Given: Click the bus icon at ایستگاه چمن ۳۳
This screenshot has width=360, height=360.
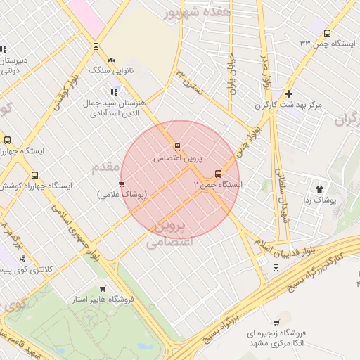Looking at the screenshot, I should [326, 33].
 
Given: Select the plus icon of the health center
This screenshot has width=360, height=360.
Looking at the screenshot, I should [288, 94].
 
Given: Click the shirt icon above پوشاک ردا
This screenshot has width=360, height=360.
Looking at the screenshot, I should [321, 188].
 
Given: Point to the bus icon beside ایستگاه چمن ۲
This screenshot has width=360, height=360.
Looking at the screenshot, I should [217, 174].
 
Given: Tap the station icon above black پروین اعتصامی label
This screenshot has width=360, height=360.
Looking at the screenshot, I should [177, 148].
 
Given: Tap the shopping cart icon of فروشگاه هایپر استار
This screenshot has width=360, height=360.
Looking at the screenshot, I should [103, 288].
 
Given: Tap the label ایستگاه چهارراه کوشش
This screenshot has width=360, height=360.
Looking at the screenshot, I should [37, 186].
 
